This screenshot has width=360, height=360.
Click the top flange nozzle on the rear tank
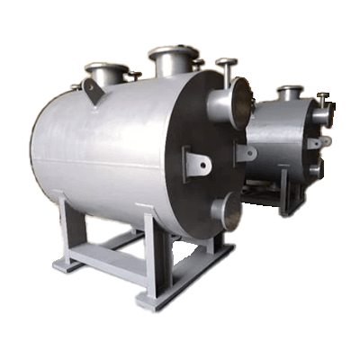point(289,91)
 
